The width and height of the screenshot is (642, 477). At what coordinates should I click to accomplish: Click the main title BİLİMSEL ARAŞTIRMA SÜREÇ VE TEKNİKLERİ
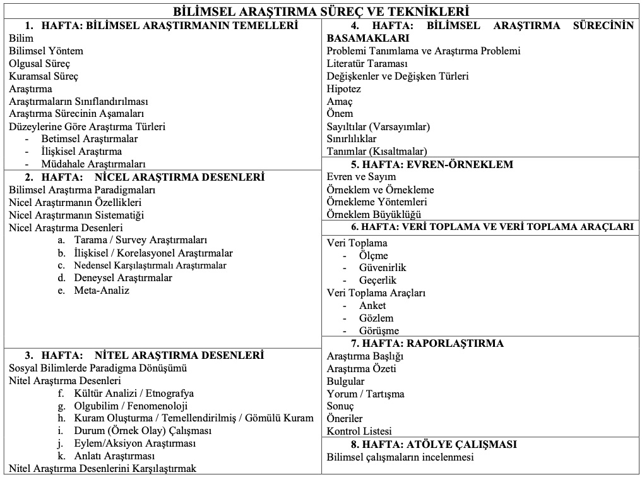tap(321, 12)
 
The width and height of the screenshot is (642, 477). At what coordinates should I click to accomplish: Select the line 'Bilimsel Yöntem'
tap(46, 51)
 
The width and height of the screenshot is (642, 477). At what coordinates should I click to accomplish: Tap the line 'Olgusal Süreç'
tap(40, 63)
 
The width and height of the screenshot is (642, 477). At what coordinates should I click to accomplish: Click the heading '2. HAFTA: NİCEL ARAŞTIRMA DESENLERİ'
tap(144, 177)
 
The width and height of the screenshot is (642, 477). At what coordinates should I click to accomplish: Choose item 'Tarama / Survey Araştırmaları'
tap(140, 240)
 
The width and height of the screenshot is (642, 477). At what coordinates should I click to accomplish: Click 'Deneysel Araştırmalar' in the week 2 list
tap(122, 278)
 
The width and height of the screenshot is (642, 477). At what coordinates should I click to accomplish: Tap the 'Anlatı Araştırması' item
tap(114, 456)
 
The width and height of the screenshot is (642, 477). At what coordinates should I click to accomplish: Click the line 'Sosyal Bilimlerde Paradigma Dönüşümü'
tap(98, 368)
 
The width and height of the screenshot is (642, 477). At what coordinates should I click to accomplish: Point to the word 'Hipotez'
tap(344, 88)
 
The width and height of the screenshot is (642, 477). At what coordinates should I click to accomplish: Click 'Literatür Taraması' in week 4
tap(367, 63)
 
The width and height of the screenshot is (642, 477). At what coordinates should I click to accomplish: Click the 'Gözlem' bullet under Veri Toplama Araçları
tap(376, 318)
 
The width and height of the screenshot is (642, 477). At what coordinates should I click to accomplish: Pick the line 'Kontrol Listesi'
tap(359, 432)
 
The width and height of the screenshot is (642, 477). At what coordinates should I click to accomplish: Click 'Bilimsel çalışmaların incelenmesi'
tap(400, 457)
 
